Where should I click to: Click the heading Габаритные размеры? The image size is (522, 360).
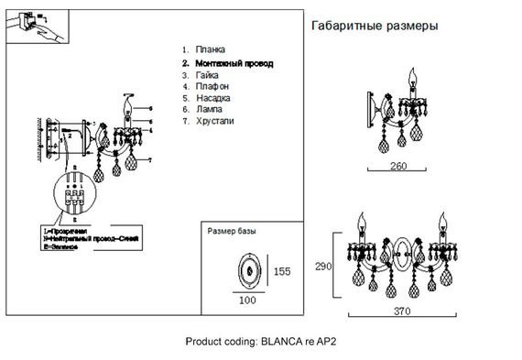click(x=375, y=26)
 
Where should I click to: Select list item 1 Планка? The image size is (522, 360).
click(x=210, y=49)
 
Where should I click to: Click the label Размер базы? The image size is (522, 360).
click(x=234, y=233)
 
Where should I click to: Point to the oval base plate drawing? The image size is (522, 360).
click(x=246, y=270)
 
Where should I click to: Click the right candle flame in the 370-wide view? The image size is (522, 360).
click(x=445, y=219)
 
